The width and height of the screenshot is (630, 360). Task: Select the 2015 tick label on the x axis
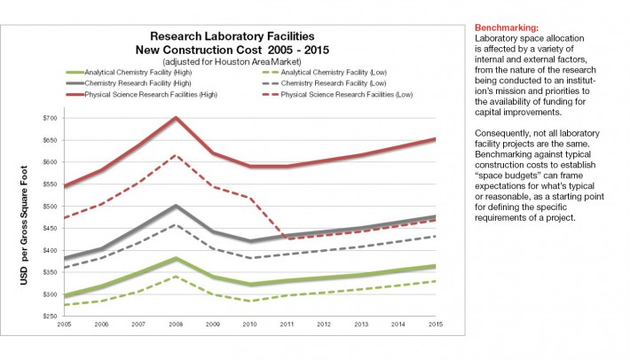434,326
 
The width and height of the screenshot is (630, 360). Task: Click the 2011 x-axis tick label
287,326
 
